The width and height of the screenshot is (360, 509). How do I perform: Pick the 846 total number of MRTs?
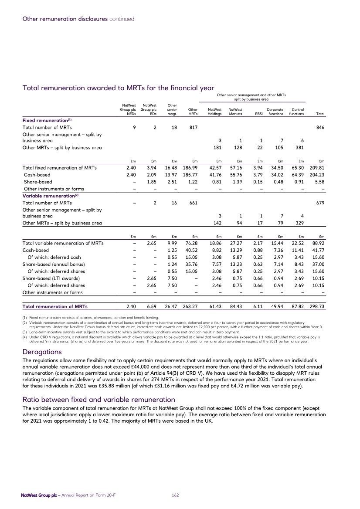tap(320, 128)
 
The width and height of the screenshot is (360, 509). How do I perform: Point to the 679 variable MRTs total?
tap(320, 203)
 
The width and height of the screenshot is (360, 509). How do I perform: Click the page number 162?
tap(177, 495)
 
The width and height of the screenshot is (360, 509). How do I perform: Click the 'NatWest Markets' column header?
tap(235, 112)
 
